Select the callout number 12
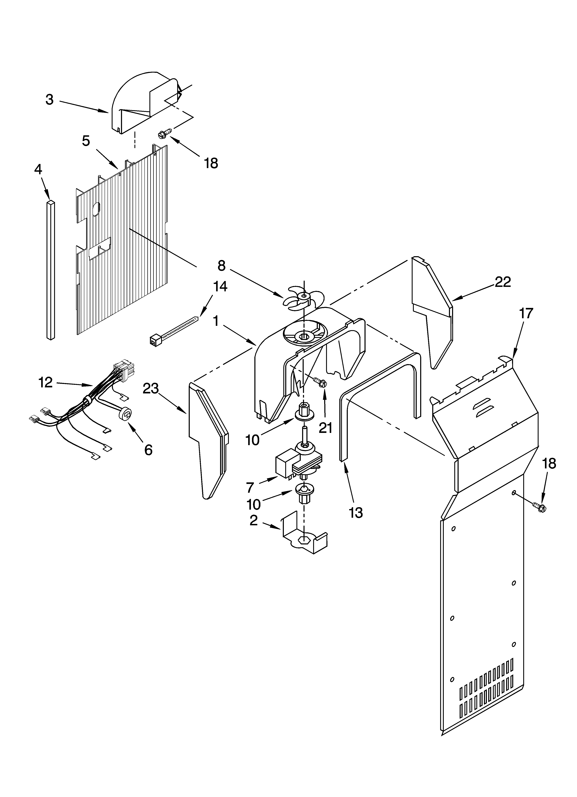(45, 382)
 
